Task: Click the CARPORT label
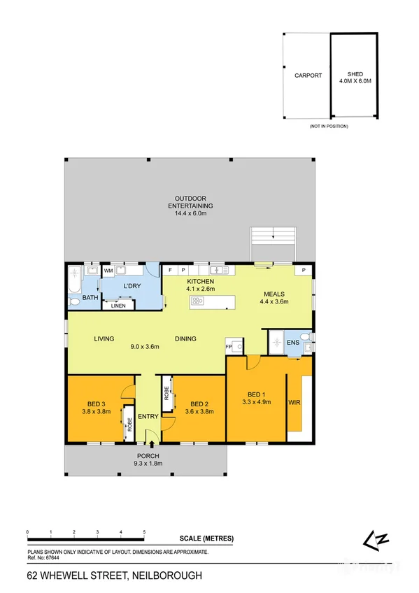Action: coord(308,76)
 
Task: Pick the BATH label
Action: coord(90,298)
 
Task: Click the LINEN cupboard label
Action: coord(118,305)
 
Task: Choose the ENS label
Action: coord(292,343)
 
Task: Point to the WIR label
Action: coord(294,403)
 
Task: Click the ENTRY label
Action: coord(148,417)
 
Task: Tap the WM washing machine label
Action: coord(108,270)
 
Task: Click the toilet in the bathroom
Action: coord(73,301)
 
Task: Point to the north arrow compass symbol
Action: coord(370,538)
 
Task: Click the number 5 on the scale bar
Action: coord(144,532)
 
